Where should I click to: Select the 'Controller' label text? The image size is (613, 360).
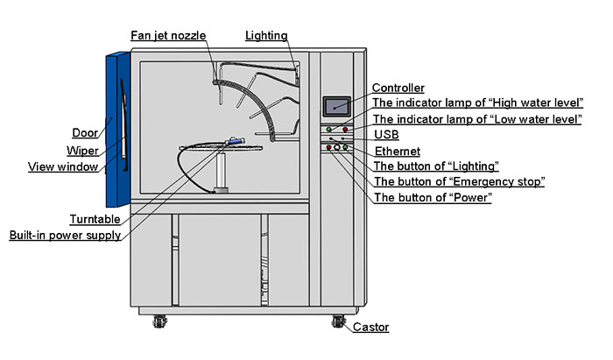pyautogui.click(x=398, y=88)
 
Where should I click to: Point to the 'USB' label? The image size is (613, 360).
pyautogui.click(x=386, y=135)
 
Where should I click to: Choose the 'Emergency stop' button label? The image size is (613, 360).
pyautogui.click(x=460, y=181)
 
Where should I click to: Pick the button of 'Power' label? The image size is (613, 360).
pyautogui.click(x=432, y=197)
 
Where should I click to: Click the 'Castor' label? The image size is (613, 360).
pyautogui.click(x=370, y=328)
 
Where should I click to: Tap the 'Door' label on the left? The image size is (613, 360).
pyautogui.click(x=84, y=133)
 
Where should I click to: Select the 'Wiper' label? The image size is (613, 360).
pyautogui.click(x=83, y=150)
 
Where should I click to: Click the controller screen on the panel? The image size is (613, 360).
pyautogui.click(x=336, y=105)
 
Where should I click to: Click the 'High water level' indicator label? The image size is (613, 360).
pyautogui.click(x=478, y=103)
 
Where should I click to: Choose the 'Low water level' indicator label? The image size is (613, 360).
pyautogui.click(x=477, y=119)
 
